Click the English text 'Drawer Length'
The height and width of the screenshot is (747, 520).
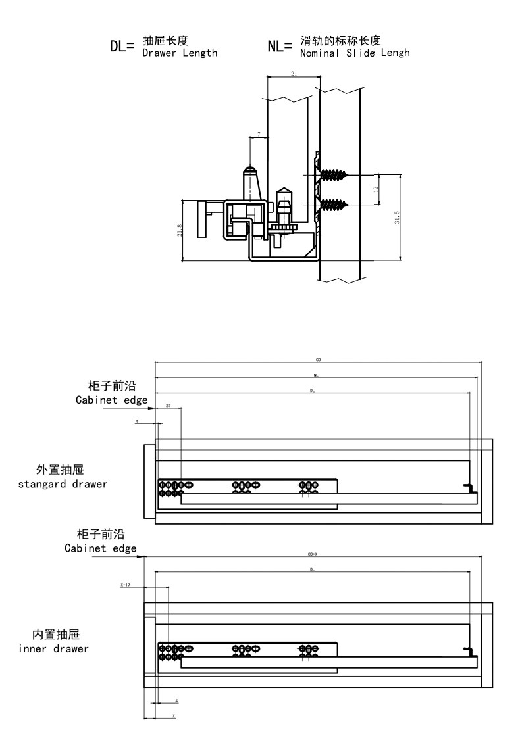[x=180, y=53]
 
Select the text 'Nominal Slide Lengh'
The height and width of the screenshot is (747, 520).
[x=354, y=53]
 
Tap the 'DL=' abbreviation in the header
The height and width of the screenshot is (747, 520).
[x=122, y=46]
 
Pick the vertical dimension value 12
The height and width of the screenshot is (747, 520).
[x=376, y=189]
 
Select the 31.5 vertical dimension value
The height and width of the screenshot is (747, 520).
[x=396, y=218]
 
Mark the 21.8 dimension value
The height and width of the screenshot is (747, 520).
[x=180, y=231]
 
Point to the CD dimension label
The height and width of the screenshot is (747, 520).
[x=318, y=360]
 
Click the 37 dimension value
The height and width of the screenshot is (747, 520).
[x=169, y=406]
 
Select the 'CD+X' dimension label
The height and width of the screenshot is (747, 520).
[x=313, y=554]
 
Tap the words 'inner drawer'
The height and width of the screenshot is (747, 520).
[x=54, y=648]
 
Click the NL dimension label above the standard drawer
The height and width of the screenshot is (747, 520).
[x=316, y=375]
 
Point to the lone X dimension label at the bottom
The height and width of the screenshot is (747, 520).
[x=173, y=715]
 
